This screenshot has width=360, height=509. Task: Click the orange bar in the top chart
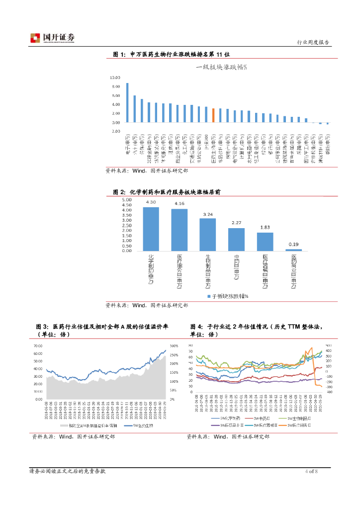click(213, 115)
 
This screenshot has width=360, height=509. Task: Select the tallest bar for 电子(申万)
click(127, 102)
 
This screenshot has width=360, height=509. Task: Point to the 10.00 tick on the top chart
click(115, 78)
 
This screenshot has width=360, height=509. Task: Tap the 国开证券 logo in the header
click(52, 38)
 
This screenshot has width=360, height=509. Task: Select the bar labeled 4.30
click(151, 229)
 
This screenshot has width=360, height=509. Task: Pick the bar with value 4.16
click(180, 230)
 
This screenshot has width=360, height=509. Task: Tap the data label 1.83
click(265, 228)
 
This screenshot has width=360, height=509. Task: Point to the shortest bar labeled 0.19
click(293, 250)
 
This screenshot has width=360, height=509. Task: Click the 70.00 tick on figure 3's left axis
click(38, 345)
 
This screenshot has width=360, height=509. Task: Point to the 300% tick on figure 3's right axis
click(174, 345)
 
